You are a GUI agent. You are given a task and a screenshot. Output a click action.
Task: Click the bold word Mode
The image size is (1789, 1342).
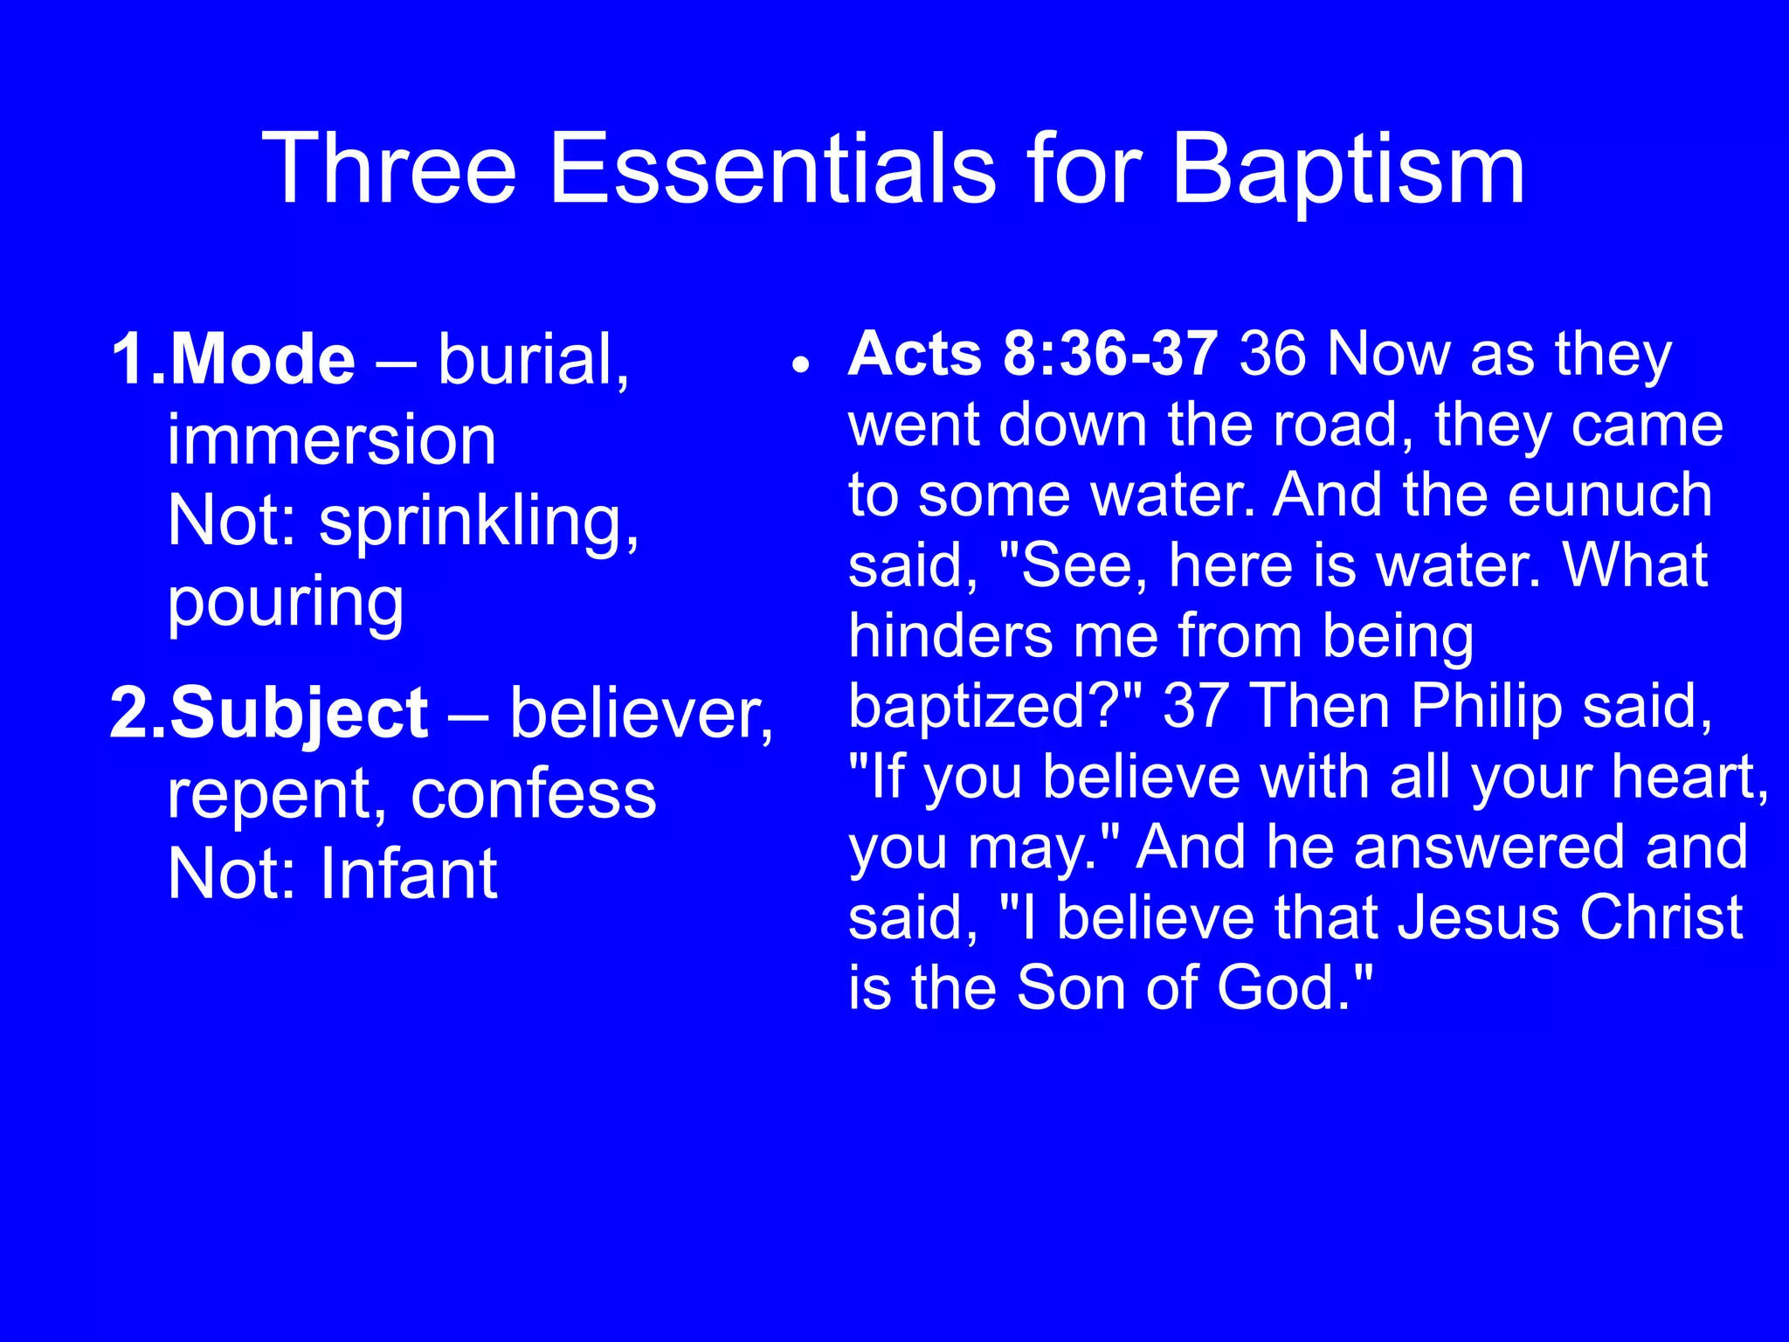pos(262,359)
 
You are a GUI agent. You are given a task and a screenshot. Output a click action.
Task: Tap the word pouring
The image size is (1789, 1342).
pos(286,603)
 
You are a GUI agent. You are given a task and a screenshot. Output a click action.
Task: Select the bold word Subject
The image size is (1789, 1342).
pos(299,713)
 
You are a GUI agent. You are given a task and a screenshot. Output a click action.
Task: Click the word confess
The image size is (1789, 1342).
pos(533,794)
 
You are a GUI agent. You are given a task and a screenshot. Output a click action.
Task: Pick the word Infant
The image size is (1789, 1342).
pos(409,875)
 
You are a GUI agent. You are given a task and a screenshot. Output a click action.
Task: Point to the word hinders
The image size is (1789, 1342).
pos(950,635)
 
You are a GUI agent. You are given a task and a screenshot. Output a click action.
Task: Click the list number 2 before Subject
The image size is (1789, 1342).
pos(131,713)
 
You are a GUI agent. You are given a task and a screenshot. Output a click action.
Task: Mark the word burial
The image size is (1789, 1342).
pos(532,359)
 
